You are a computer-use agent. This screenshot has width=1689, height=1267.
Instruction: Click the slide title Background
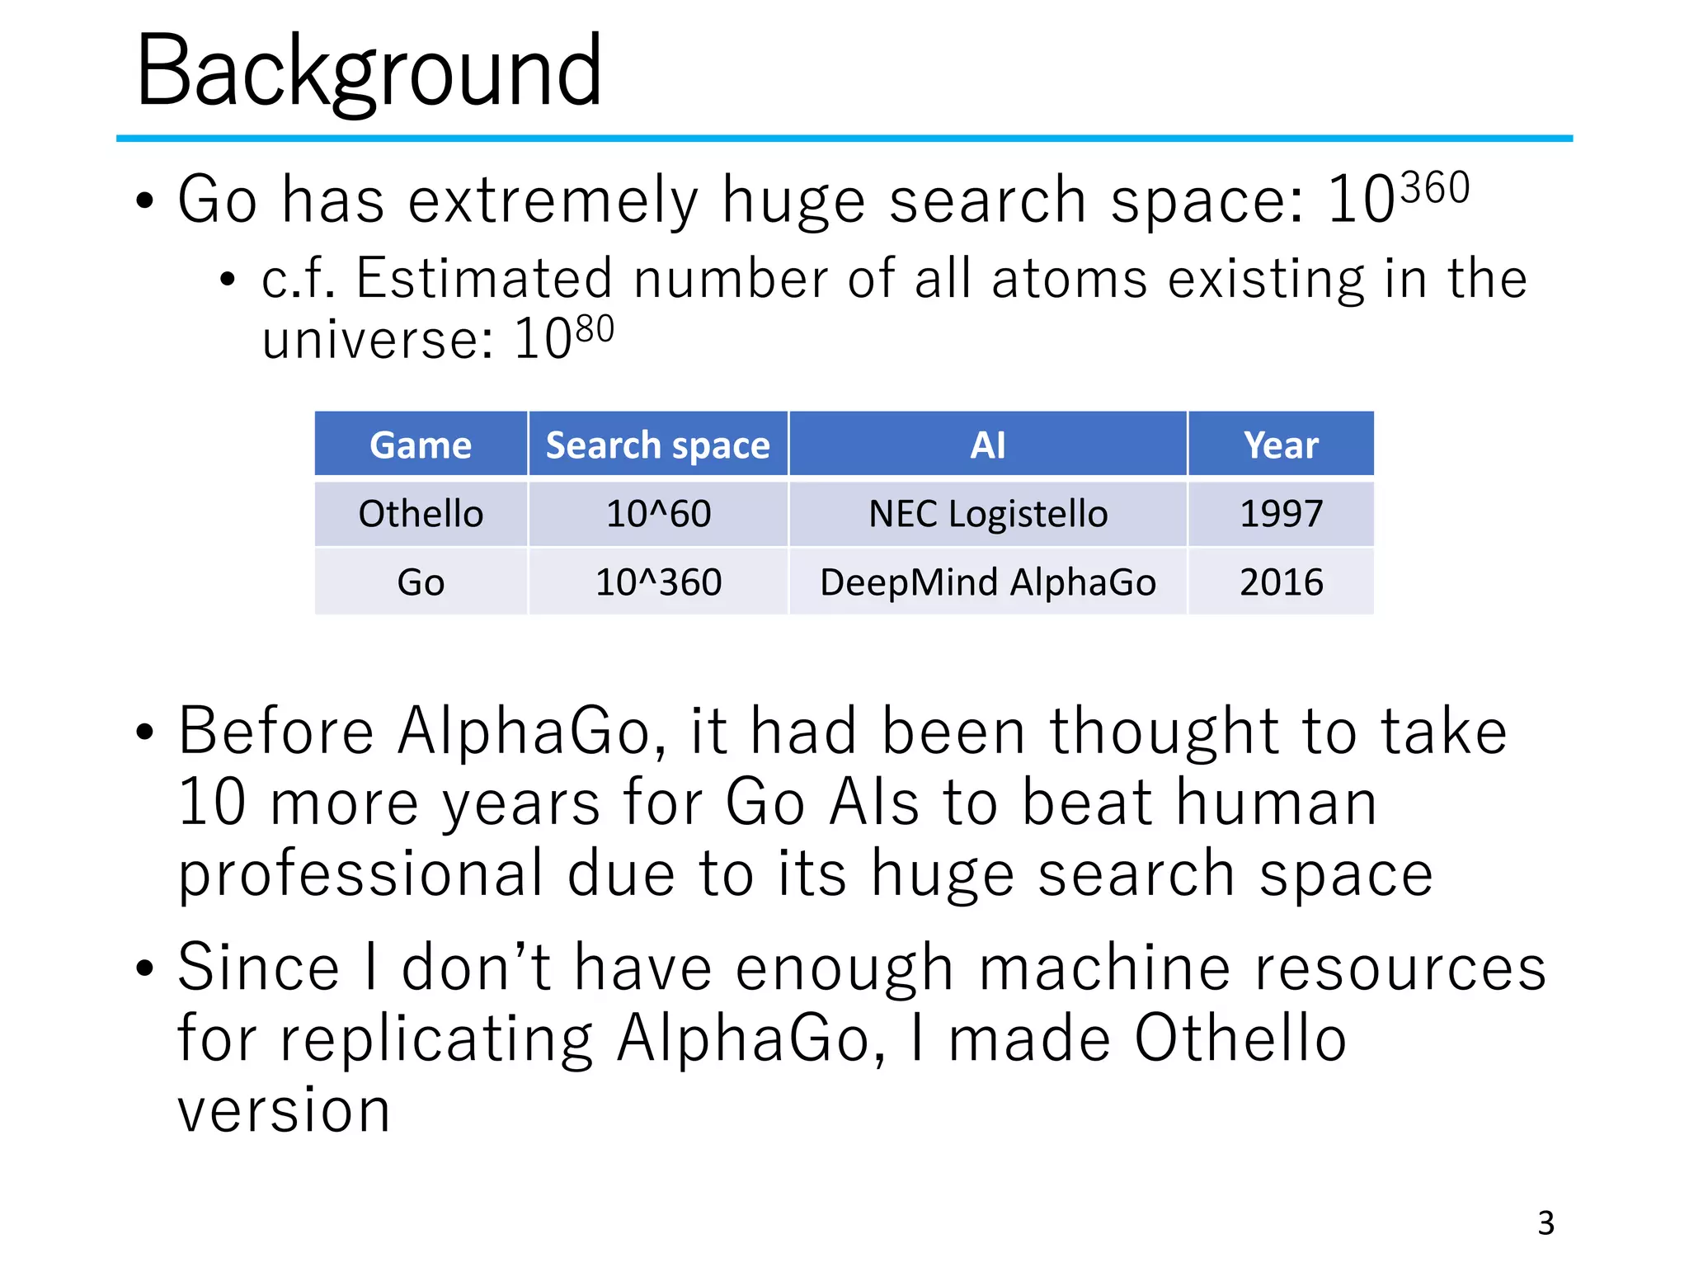point(369,73)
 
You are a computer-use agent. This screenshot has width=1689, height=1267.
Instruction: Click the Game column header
point(421,445)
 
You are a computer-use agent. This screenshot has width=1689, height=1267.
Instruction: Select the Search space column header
point(658,445)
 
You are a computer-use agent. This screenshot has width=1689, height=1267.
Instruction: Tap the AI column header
point(988,445)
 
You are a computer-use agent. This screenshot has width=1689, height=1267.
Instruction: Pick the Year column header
point(1281,445)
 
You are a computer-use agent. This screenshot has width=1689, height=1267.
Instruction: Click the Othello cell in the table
point(421,514)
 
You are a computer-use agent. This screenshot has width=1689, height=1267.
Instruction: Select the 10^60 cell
point(658,514)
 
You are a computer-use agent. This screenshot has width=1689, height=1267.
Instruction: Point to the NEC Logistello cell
point(988,514)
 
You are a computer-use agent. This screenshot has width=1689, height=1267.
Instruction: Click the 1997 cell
point(1281,514)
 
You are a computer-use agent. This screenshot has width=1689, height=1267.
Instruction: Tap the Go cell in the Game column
point(421,582)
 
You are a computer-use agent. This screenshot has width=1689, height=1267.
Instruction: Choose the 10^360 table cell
point(658,582)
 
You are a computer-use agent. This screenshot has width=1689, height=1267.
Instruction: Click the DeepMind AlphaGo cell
point(988,582)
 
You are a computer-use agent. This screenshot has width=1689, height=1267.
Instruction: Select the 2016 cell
point(1281,582)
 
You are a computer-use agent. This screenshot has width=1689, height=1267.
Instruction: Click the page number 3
point(1546,1222)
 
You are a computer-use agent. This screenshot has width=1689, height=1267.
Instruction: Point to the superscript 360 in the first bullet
point(1435,188)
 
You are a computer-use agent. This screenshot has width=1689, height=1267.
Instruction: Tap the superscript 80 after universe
point(595,329)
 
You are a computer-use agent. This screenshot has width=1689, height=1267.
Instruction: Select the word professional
point(361,874)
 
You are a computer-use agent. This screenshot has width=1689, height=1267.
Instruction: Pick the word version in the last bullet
point(284,1110)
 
